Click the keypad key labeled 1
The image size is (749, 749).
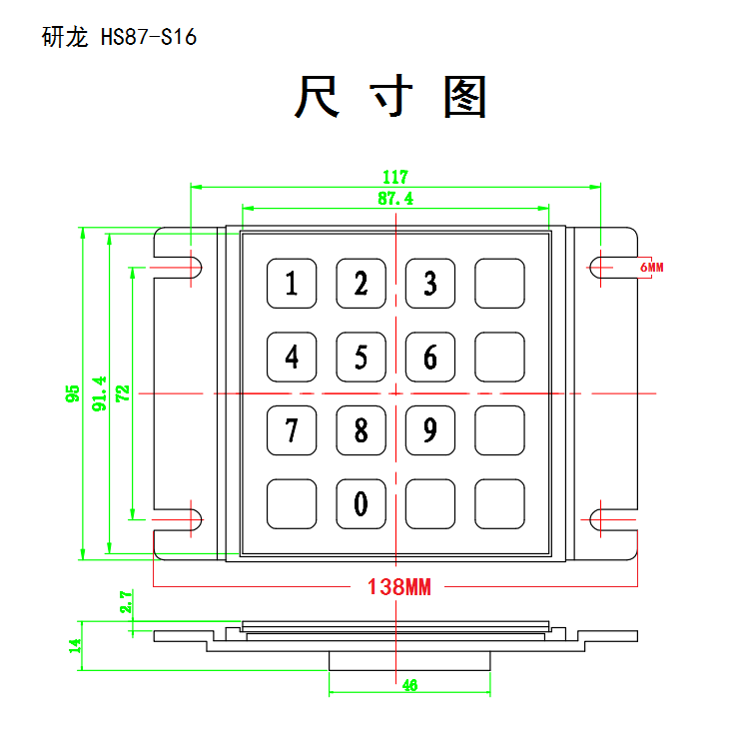[x=292, y=284]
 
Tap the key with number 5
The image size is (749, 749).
[x=362, y=357]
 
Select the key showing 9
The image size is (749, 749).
[x=430, y=430]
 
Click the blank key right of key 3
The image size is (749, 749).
[x=499, y=284]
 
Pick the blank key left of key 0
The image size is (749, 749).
[x=292, y=504]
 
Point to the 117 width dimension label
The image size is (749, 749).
[x=395, y=177]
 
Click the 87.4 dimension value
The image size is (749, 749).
[x=395, y=199]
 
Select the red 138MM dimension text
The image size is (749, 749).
[x=399, y=586]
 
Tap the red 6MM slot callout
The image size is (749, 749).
[x=652, y=267]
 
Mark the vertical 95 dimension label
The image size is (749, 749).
[x=73, y=393]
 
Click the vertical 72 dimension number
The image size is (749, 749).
[x=123, y=393]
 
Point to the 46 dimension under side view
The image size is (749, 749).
[x=409, y=685]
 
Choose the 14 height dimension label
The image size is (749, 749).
[x=75, y=646]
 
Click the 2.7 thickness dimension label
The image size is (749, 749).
[x=126, y=602]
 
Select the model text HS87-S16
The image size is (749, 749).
[x=149, y=37]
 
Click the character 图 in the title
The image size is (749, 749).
[x=464, y=97]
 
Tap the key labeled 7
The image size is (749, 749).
[x=292, y=430]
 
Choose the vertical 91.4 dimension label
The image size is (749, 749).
[x=99, y=393]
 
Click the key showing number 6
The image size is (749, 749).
[x=430, y=357]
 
